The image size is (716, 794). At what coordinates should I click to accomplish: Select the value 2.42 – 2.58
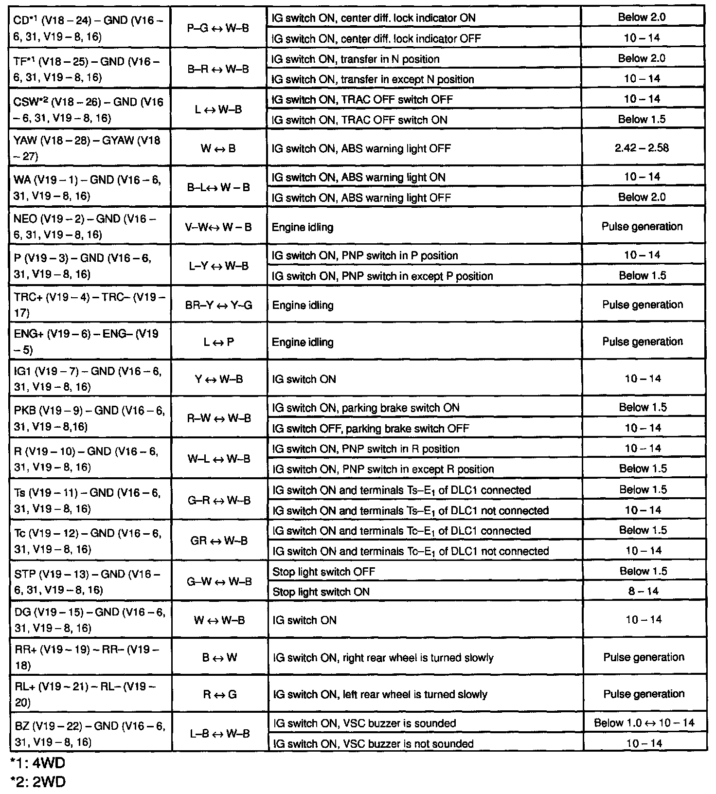642,148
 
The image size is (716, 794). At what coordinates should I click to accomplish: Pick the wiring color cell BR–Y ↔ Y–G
218,306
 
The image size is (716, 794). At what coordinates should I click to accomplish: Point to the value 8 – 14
643,591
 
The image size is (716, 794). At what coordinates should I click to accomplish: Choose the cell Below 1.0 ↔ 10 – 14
644,723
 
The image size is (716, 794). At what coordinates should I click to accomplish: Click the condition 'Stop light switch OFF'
324,571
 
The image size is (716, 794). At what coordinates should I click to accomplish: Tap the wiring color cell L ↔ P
218,342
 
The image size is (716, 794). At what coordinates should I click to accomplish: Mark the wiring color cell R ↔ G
219,694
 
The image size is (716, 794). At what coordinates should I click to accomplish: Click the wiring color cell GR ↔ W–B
219,541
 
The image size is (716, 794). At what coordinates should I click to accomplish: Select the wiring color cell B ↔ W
219,658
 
